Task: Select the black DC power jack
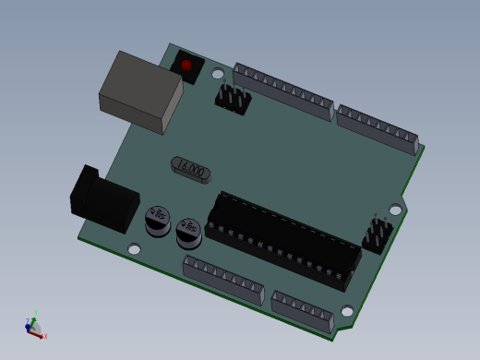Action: click(x=103, y=200)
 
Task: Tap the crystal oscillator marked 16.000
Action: click(x=191, y=169)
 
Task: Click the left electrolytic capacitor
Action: click(x=158, y=221)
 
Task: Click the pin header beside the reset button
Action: click(x=234, y=98)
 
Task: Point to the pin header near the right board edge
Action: click(x=377, y=234)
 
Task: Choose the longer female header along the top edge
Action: click(x=282, y=91)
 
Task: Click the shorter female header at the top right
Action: click(x=378, y=128)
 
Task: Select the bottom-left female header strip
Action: click(x=223, y=280)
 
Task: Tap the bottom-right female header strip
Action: click(x=303, y=311)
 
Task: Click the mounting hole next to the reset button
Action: click(x=218, y=74)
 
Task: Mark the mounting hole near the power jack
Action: click(x=135, y=249)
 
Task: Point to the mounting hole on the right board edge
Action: click(x=395, y=210)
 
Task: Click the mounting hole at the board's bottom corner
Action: click(x=347, y=311)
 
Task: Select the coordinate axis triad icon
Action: click(x=34, y=328)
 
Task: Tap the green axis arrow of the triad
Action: click(x=35, y=320)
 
